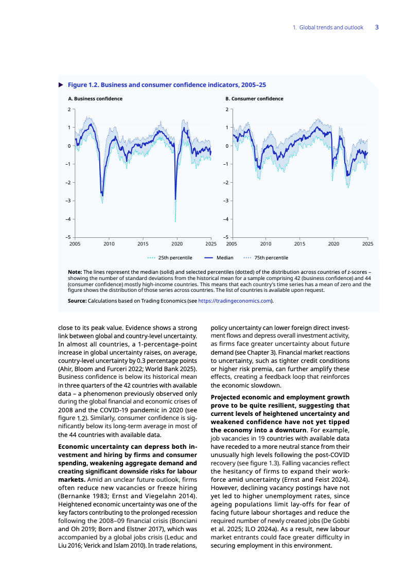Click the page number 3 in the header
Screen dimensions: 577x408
(377, 27)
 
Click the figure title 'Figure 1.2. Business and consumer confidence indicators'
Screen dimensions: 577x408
(167, 84)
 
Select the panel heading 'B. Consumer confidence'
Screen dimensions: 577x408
(254, 99)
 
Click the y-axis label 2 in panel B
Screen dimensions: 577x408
(226, 110)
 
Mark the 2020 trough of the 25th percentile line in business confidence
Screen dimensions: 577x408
(175, 221)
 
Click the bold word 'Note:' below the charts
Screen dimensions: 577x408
(75, 271)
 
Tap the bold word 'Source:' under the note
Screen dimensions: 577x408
(77, 301)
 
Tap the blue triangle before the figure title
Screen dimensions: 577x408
(61, 84)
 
